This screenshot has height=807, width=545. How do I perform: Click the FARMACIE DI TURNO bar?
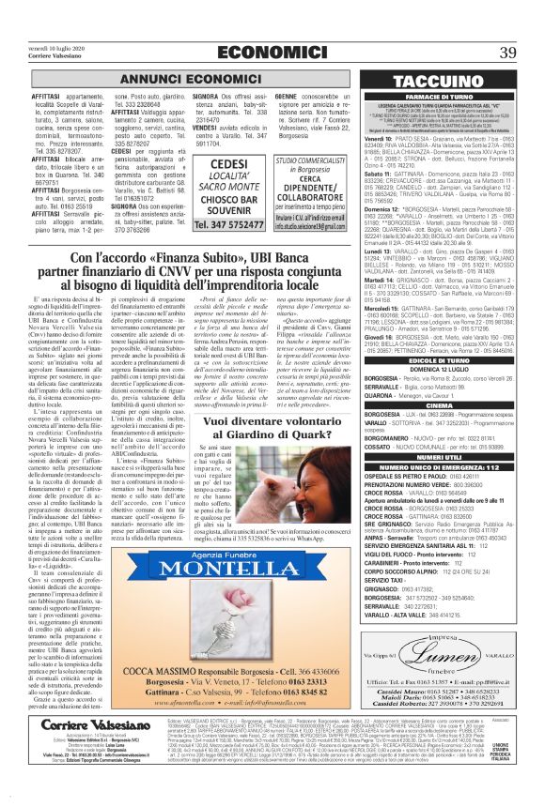pos(453,96)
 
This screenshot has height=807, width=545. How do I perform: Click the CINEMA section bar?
pos(453,403)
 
